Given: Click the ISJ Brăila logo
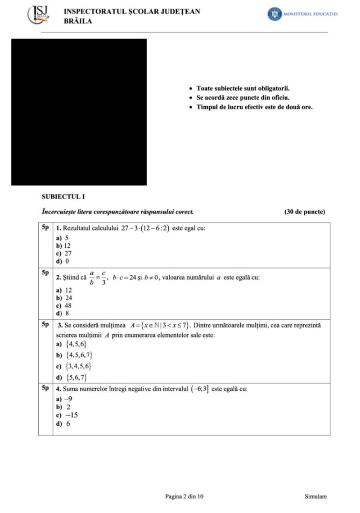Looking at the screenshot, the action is (39, 15).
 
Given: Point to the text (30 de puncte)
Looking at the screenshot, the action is (305, 212).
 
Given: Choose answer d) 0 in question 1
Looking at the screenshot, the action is (63, 261).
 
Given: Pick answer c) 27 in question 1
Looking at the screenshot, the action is (63, 253).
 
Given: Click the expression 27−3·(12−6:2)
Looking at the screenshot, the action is (145, 228).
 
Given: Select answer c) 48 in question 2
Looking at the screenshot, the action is (63, 305).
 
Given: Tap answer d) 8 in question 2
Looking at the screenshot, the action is (63, 313).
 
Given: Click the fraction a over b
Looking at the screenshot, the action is (91, 277).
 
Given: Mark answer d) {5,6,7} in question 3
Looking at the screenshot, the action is (71, 377).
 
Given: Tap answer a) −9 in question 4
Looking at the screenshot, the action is (64, 399).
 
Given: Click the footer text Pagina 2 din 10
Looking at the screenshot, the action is (184, 496).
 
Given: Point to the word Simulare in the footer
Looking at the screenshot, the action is (315, 496).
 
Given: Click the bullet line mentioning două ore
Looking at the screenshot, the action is (254, 107).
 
